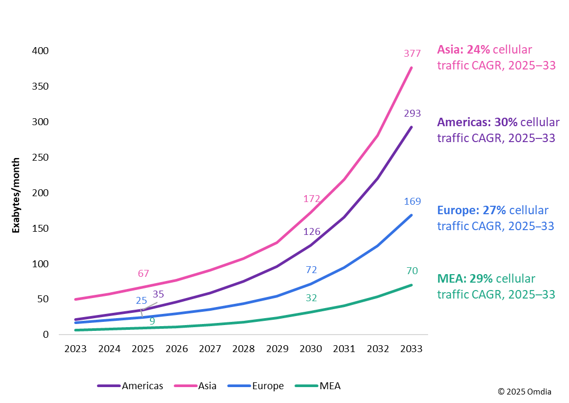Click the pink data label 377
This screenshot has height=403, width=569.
point(412,53)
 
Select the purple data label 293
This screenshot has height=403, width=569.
point(412,113)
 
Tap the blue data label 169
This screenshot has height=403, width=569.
point(412,202)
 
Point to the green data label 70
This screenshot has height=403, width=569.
point(412,271)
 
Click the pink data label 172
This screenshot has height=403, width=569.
point(312,199)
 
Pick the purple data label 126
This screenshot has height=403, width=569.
point(312,232)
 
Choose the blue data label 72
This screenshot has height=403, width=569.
point(311,270)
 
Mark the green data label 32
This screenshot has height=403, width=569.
point(311,298)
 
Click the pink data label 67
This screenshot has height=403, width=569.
point(143,274)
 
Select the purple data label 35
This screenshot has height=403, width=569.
point(158,294)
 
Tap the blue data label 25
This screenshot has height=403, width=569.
point(141,301)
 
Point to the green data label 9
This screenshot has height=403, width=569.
point(152,321)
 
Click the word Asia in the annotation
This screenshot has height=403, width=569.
point(449,50)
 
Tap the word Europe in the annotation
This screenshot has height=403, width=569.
point(458,211)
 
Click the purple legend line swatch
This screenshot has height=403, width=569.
point(109,386)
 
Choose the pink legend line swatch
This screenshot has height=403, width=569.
point(185,386)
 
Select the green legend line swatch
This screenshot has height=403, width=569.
point(306,386)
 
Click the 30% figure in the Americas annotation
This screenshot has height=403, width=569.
point(505,122)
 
